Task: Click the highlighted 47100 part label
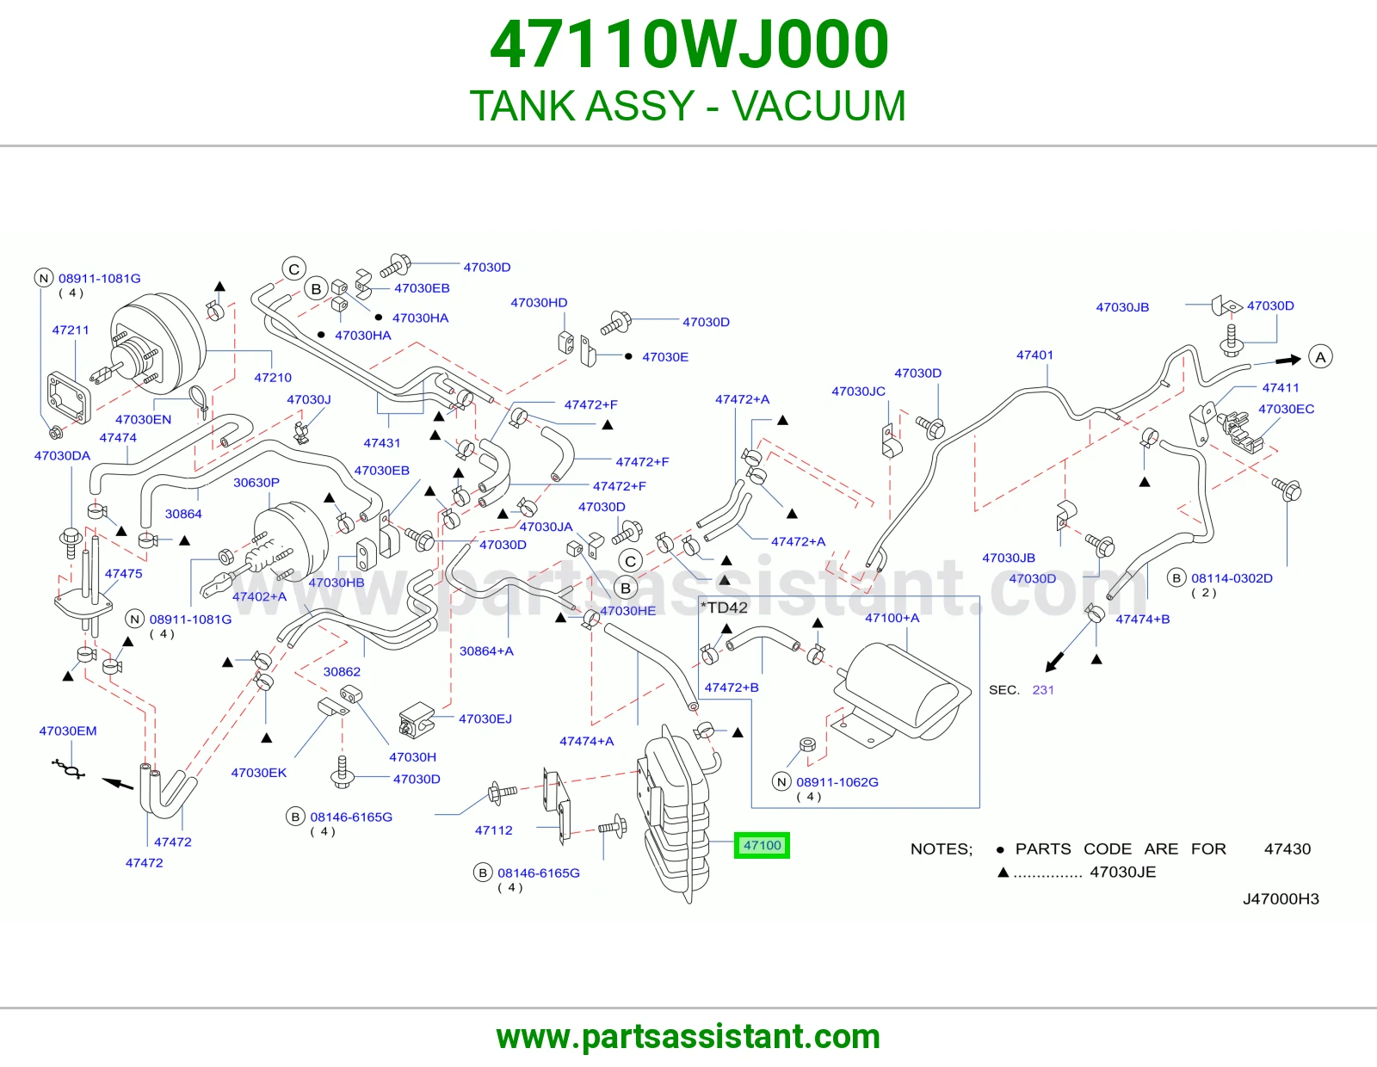tap(762, 845)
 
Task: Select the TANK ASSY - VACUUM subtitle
tap(688, 105)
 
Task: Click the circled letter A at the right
tap(1320, 357)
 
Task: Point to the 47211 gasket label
tap(71, 330)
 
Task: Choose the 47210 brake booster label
tap(273, 378)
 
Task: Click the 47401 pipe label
tap(1034, 355)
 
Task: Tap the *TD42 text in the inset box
tap(725, 608)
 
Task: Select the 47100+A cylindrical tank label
tap(892, 618)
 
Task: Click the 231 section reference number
tap(1043, 690)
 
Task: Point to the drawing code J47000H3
tap(1281, 899)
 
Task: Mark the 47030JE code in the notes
tap(1123, 873)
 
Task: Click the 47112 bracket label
tap(494, 830)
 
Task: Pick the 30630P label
tap(256, 483)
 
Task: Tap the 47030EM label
tap(68, 731)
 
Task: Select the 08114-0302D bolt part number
tap(1232, 578)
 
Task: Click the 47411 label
tap(1281, 388)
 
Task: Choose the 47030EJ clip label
tap(485, 719)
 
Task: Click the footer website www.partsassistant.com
tap(688, 1037)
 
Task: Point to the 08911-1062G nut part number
tap(837, 782)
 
